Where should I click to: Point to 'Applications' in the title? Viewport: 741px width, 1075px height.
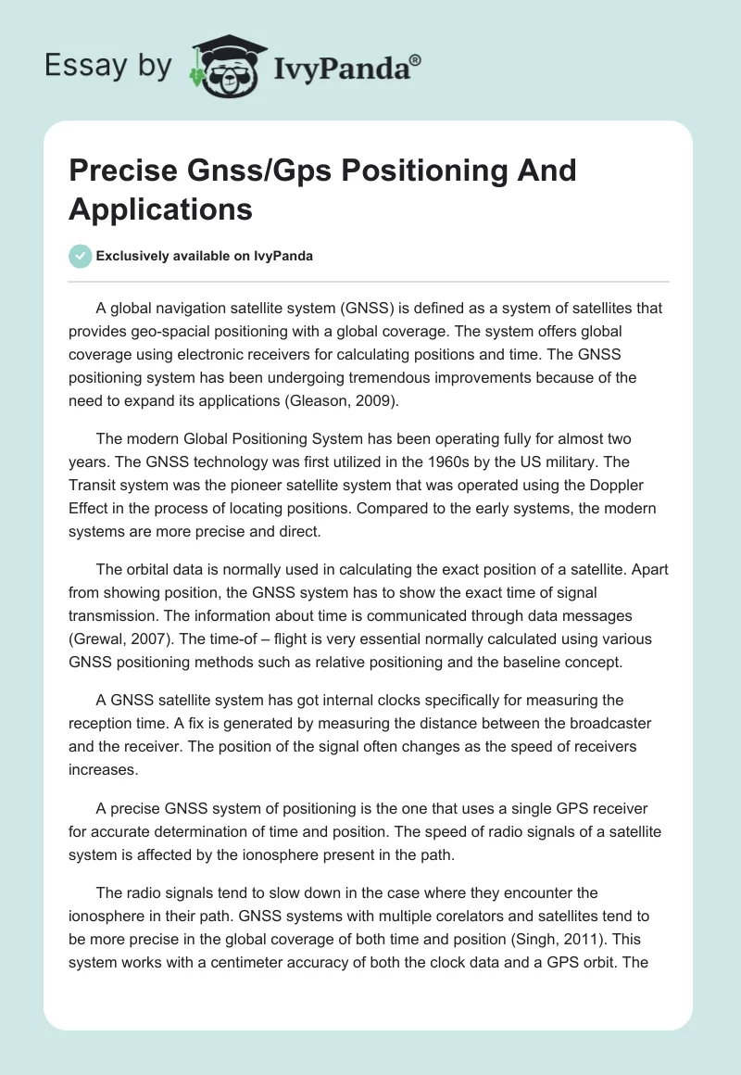coord(160,209)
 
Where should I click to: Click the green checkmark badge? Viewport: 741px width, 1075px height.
coord(80,256)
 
